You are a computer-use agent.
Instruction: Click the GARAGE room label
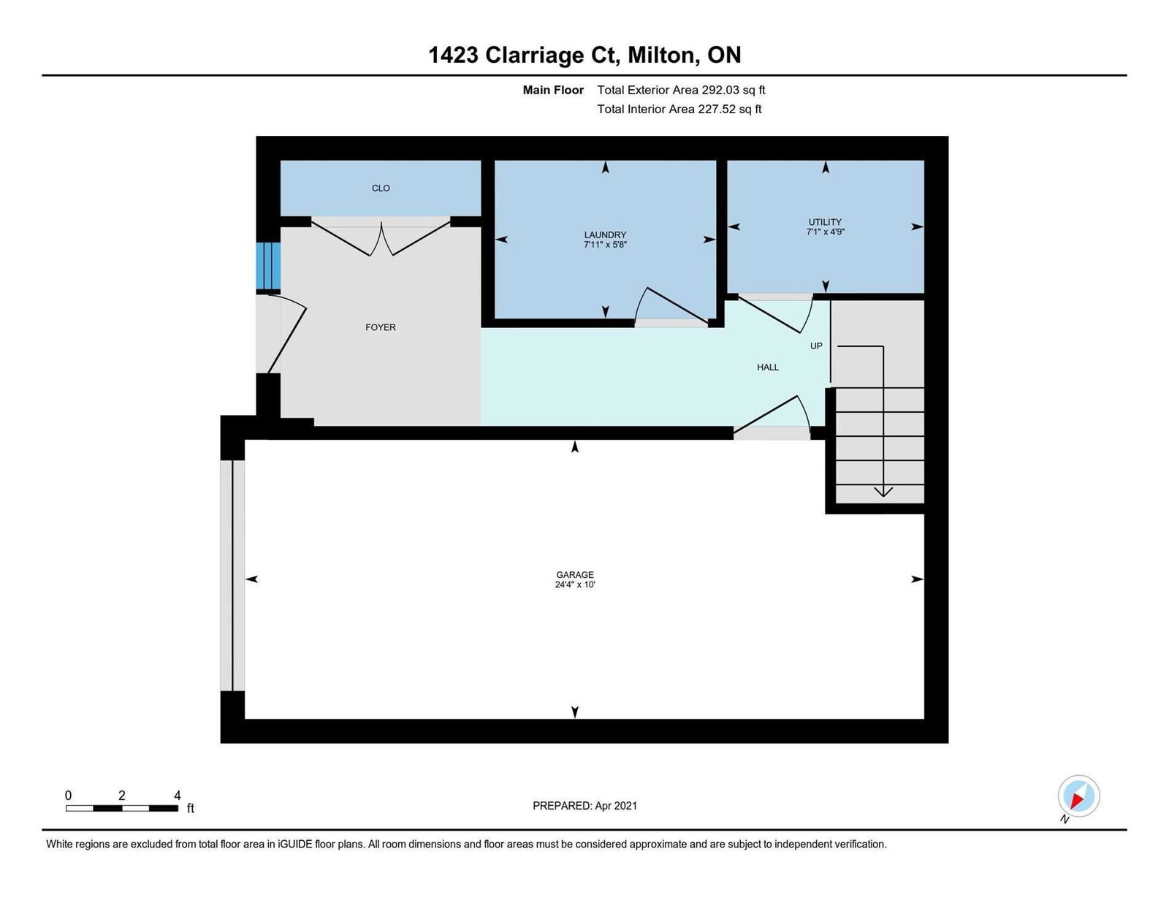coord(574,574)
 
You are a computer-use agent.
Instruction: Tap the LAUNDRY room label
coord(605,235)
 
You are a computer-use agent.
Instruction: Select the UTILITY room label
coord(825,221)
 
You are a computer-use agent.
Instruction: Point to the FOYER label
coord(381,327)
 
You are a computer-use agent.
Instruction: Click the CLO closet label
coord(381,188)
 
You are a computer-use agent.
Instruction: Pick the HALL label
coord(768,367)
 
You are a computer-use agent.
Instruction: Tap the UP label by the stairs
coord(816,346)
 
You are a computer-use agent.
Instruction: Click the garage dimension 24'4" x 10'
coord(574,584)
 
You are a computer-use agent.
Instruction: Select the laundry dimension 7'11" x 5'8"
coord(605,245)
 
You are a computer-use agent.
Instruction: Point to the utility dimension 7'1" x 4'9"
coord(825,232)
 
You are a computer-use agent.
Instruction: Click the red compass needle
coord(1077,801)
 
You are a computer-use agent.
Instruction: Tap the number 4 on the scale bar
coord(178,796)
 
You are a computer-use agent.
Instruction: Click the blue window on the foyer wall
coord(268,266)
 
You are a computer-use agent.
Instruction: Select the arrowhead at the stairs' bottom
coord(883,492)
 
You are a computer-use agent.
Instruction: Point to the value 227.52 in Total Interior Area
coord(715,109)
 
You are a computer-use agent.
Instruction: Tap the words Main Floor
coord(553,90)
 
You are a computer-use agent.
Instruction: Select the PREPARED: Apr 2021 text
coord(584,806)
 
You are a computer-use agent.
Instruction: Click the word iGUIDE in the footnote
coord(294,845)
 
